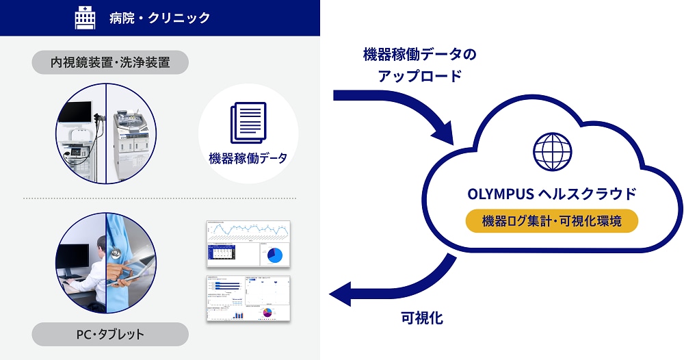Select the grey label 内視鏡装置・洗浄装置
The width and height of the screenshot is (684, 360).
point(110,63)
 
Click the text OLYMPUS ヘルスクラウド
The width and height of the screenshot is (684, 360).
point(551,194)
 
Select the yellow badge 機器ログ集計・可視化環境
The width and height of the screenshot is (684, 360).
point(551,221)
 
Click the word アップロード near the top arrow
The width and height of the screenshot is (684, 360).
point(419,76)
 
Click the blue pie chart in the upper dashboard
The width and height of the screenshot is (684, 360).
point(274,255)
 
